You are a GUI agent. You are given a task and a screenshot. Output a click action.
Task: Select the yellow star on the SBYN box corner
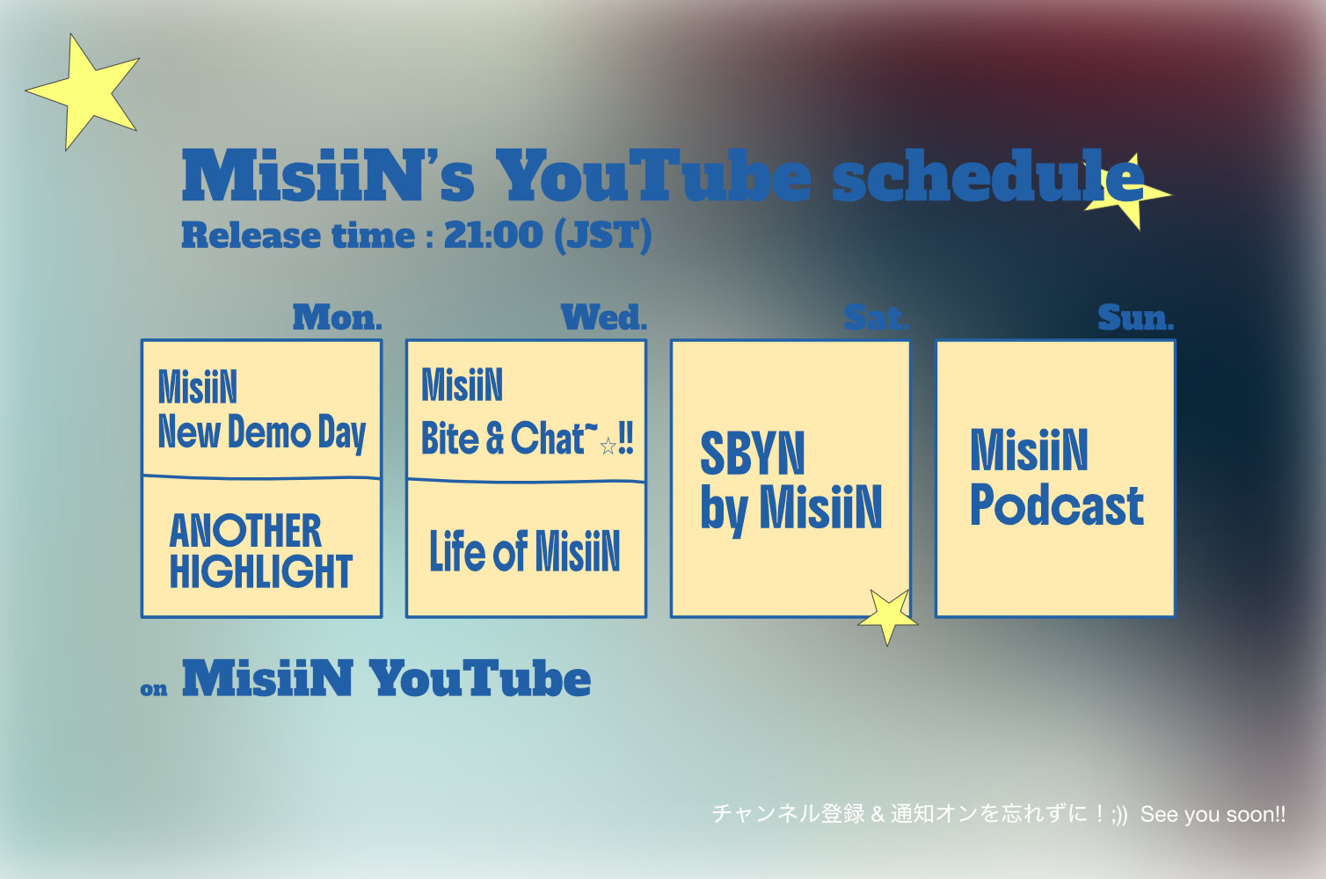click(887, 615)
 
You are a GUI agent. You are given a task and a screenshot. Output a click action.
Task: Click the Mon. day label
click(338, 318)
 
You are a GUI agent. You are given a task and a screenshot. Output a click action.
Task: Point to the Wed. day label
click(604, 318)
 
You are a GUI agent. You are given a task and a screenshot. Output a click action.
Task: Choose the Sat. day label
click(876, 318)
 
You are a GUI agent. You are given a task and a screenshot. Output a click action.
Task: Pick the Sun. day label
click(1136, 318)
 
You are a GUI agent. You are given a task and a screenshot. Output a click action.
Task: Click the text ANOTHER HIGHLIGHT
click(261, 551)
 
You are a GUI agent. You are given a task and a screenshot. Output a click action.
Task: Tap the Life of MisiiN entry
click(525, 552)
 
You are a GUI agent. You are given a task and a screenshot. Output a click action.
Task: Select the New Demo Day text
click(262, 433)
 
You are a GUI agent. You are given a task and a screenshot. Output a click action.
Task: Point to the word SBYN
click(753, 454)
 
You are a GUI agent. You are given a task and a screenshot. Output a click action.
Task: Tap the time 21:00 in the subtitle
click(493, 235)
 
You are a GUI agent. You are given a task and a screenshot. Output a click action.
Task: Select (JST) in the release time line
click(603, 236)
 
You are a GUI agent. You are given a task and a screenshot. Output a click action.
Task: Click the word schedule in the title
click(988, 176)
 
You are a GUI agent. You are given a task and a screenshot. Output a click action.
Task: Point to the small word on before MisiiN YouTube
click(154, 690)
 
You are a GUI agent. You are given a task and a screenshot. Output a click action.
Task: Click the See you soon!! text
click(1213, 815)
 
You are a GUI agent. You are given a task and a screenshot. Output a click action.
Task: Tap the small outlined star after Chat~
click(608, 446)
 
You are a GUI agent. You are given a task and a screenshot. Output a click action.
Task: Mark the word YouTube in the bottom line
click(480, 679)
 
